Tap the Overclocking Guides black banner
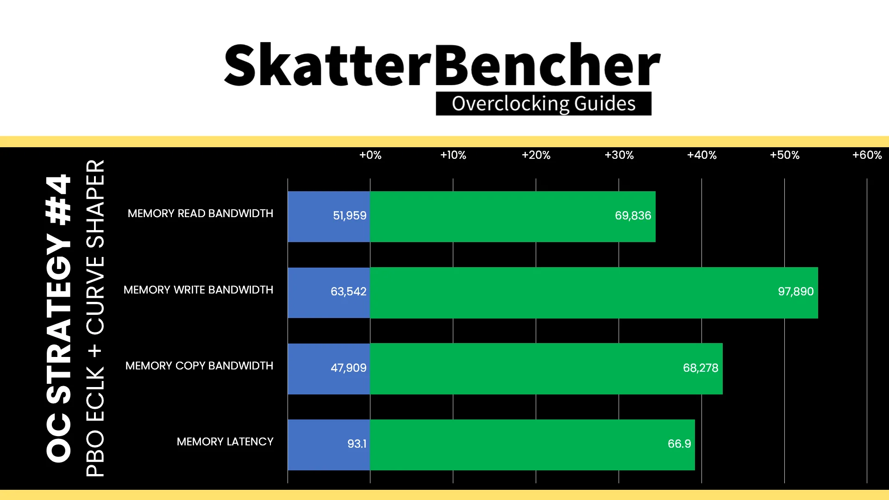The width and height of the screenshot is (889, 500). pos(544,103)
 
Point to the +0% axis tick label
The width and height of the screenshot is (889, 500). pos(370,155)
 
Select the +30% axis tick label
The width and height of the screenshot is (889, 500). pos(619,155)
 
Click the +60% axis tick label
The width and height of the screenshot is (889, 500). pos(867,155)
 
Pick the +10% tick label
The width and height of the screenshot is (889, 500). pos(453,155)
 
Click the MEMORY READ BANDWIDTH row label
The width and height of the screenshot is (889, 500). pos(200,213)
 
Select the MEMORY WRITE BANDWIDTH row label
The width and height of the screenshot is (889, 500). pos(198,290)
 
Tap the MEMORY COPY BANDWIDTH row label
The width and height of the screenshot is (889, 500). pos(200,366)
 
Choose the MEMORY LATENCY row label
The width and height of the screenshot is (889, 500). pos(225,442)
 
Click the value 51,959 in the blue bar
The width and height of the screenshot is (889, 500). pos(350,216)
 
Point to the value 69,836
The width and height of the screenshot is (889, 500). pos(633,216)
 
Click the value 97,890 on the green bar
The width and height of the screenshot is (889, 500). pos(795,292)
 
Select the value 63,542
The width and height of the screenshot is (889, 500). pos(348,292)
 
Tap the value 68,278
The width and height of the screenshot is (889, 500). pos(701,368)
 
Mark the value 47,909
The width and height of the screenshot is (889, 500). pos(348,368)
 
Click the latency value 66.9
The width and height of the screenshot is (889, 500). pos(679,444)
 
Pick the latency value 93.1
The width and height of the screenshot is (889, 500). pos(357,444)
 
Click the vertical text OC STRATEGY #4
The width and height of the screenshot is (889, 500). pos(59,318)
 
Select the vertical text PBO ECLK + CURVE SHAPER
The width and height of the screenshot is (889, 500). pos(95,318)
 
